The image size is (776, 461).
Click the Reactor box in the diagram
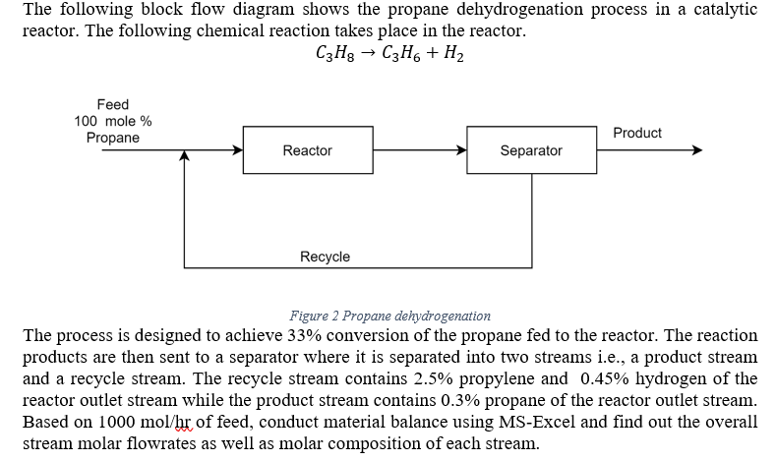(x=307, y=150)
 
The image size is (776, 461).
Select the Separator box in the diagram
(x=531, y=150)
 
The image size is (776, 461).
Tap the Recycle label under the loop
(x=325, y=257)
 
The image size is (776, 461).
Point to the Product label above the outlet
(x=637, y=133)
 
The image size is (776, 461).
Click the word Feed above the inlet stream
(x=112, y=104)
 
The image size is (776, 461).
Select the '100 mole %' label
(x=113, y=121)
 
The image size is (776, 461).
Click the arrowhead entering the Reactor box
(x=237, y=150)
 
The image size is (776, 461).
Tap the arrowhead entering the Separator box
(x=461, y=150)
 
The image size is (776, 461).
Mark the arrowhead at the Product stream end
(x=696, y=150)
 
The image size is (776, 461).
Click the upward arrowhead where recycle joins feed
(x=185, y=156)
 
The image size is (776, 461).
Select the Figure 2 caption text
(x=389, y=316)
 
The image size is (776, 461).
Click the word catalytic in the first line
(x=724, y=10)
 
